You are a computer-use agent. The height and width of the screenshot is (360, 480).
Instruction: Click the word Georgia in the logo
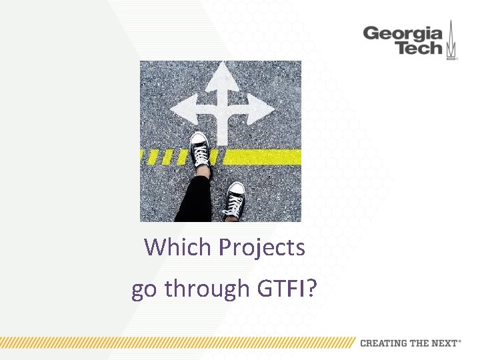402,33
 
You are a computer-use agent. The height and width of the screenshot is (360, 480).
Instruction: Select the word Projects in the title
262,248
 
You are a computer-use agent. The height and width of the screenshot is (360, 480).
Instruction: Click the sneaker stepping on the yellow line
201,150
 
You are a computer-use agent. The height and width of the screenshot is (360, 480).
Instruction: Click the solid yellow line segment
263,157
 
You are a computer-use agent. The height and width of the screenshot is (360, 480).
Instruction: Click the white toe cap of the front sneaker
199,138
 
